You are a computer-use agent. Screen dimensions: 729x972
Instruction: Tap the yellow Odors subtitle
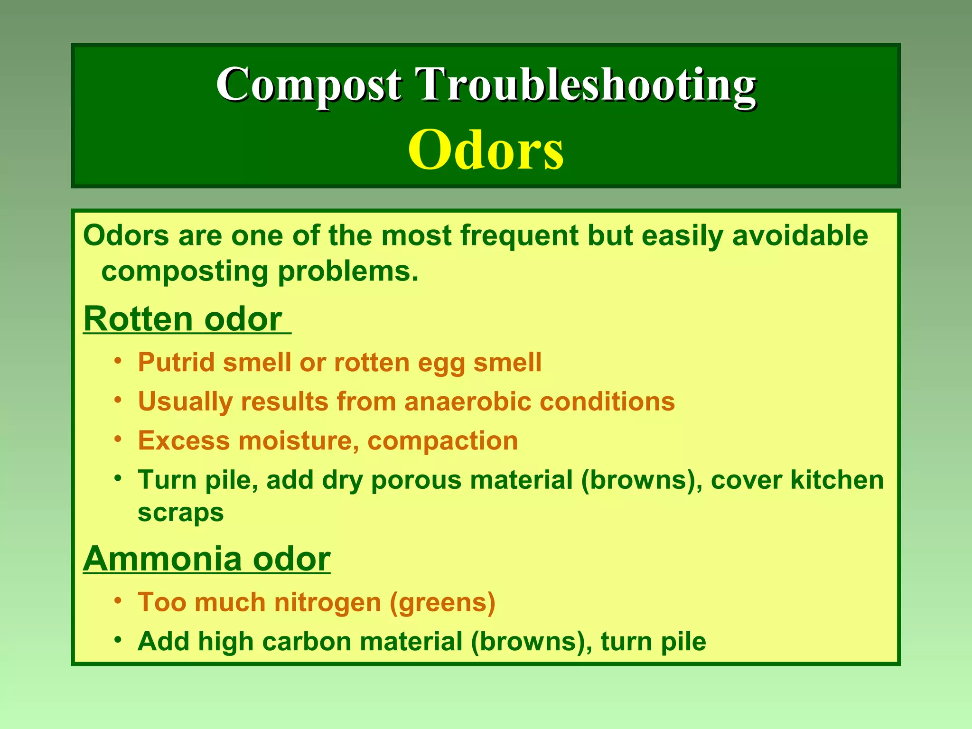point(486,150)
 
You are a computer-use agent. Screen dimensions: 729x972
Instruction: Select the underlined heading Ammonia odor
point(206,559)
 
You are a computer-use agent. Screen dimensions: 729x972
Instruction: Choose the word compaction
point(442,440)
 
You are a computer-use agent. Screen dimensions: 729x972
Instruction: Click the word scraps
point(180,513)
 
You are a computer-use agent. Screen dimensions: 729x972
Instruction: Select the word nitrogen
point(327,603)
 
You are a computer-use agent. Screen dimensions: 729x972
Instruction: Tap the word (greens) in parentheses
point(442,603)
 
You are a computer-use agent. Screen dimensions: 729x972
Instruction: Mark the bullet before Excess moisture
point(118,439)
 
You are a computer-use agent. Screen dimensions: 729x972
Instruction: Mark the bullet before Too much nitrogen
point(118,601)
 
